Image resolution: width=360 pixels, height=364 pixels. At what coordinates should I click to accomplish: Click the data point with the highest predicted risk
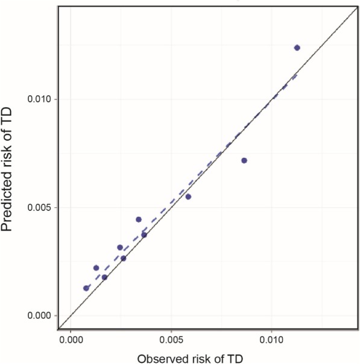click(x=297, y=48)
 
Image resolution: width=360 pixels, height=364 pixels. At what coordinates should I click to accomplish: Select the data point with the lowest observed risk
click(x=86, y=288)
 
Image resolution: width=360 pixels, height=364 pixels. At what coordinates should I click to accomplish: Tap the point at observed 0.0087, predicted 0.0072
click(x=244, y=160)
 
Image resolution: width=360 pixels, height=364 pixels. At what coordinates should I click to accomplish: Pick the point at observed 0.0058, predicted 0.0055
click(x=188, y=196)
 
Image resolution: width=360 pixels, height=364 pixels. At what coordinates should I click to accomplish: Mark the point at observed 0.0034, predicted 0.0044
click(x=139, y=219)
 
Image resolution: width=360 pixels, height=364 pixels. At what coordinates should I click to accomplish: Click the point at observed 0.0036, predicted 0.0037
click(x=144, y=234)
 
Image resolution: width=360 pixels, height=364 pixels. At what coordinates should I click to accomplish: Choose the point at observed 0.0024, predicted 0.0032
click(x=120, y=247)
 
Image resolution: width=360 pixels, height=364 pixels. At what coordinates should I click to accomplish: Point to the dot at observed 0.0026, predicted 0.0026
click(x=124, y=258)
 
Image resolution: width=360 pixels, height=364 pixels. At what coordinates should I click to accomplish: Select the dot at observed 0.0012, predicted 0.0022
click(x=96, y=268)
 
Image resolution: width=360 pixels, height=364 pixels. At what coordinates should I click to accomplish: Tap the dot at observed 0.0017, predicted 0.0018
click(x=104, y=277)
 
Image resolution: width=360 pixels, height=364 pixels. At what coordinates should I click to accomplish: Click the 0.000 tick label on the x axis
click(x=71, y=340)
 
